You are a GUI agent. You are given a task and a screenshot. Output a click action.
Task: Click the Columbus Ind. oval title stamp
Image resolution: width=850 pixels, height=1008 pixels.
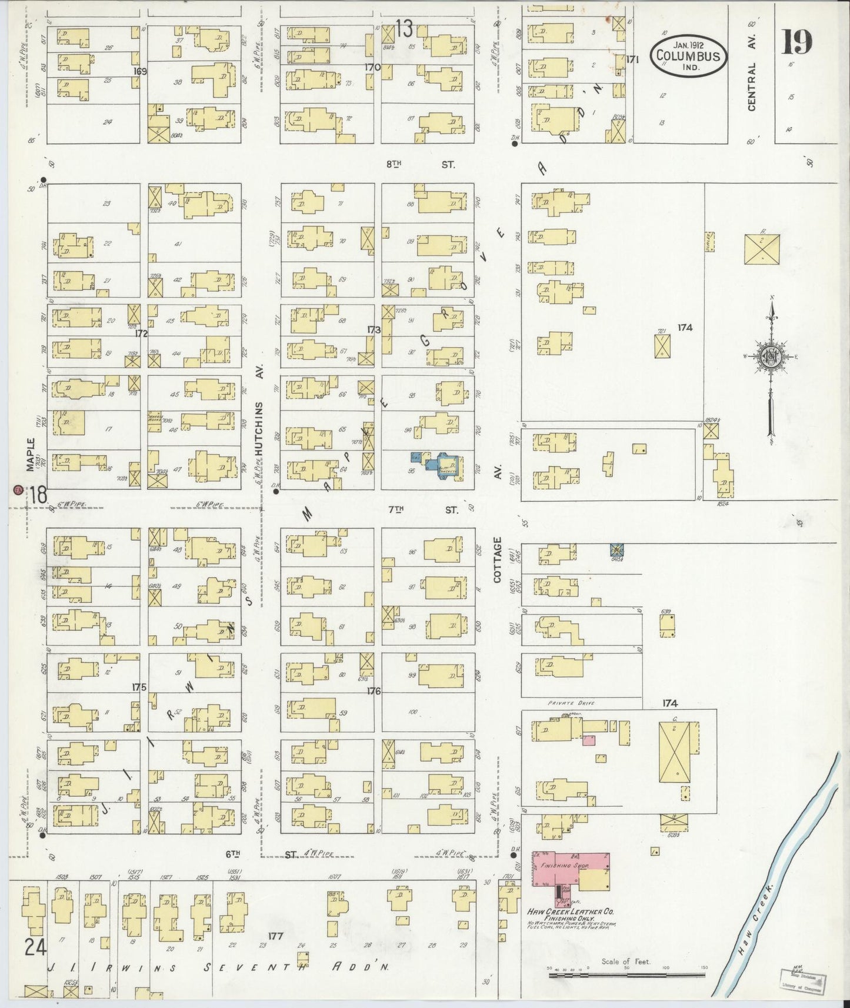pyautogui.click(x=688, y=56)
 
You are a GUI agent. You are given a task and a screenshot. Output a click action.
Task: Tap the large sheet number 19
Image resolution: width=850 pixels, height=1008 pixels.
pyautogui.click(x=797, y=42)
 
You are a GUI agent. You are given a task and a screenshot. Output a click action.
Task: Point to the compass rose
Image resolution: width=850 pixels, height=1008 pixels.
pyautogui.click(x=769, y=357)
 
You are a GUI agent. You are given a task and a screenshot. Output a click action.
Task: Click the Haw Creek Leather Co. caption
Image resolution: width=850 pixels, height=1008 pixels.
pyautogui.click(x=570, y=911)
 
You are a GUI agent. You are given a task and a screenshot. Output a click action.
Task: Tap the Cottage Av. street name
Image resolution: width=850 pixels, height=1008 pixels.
pyautogui.click(x=498, y=559)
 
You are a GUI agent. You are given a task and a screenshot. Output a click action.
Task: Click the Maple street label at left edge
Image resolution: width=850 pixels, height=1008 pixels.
pyautogui.click(x=31, y=454)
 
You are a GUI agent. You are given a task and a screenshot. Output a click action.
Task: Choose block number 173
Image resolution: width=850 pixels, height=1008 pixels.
pyautogui.click(x=374, y=330)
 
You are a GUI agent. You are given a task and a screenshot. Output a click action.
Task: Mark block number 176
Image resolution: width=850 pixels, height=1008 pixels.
pyautogui.click(x=374, y=691)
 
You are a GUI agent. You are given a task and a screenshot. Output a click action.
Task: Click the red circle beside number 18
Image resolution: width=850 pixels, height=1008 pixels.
pyautogui.click(x=18, y=489)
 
